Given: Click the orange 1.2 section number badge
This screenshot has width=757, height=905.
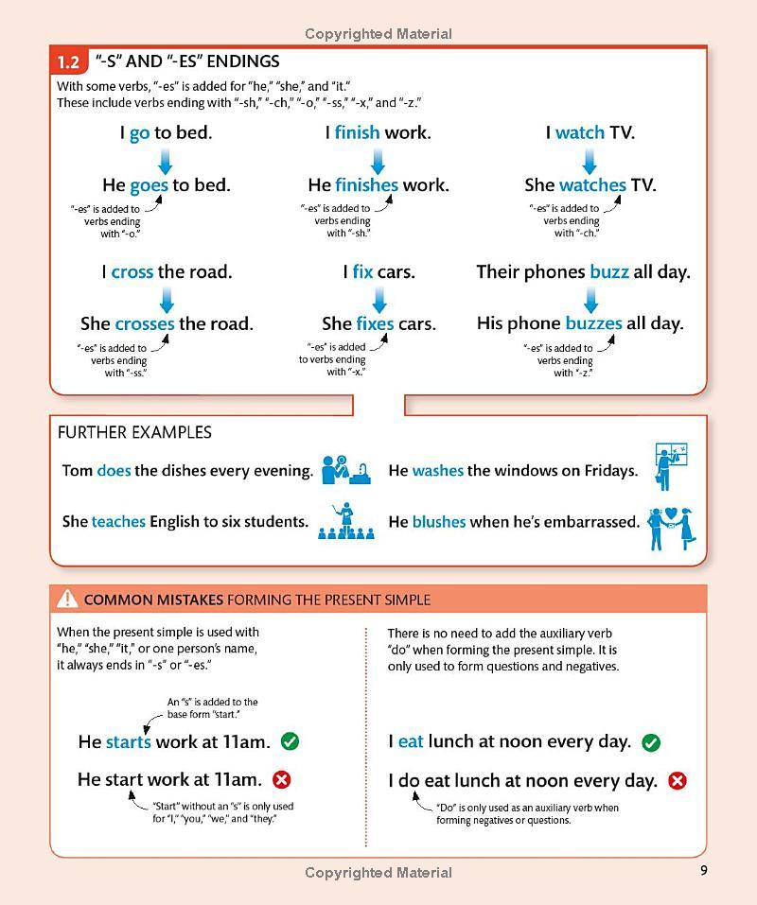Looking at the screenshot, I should [68, 62].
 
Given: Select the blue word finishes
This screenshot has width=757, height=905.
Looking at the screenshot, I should [366, 185].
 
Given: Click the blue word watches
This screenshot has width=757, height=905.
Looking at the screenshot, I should [592, 185].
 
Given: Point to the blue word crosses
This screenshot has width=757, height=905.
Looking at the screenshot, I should [145, 323].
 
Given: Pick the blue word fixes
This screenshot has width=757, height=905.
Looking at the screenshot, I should [375, 323].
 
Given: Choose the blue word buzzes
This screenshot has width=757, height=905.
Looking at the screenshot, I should [593, 323].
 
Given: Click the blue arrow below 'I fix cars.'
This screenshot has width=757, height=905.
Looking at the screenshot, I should [379, 298].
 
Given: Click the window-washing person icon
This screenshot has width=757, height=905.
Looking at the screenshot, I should [670, 466].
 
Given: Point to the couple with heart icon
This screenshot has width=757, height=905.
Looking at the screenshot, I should [672, 527].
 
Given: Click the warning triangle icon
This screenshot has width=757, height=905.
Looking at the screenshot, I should [67, 599].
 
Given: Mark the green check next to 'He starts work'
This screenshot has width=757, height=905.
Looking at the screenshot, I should [290, 741].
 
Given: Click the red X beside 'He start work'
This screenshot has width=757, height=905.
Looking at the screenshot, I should [281, 780].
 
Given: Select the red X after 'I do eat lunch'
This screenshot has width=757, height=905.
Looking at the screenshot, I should [677, 781].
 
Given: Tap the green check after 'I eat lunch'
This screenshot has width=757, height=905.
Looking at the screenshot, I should [651, 742].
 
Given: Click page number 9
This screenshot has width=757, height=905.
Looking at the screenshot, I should [703, 871].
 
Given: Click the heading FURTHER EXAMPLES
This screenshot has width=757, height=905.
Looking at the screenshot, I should [134, 432].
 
